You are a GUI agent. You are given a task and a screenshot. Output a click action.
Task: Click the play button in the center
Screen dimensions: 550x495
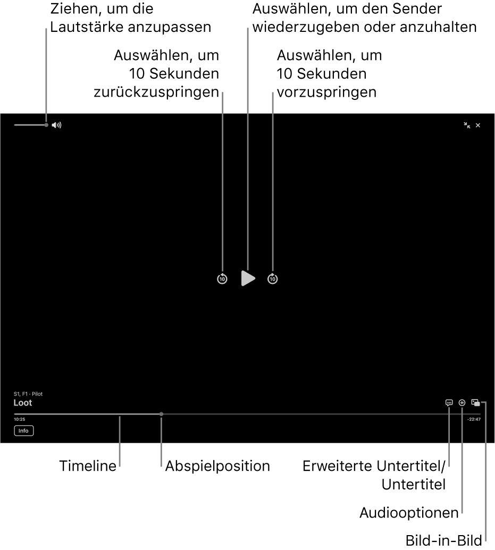[248, 278]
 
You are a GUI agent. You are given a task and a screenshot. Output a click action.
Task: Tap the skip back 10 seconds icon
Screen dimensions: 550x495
[222, 278]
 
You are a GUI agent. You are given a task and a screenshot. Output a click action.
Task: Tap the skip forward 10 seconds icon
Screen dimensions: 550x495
[273, 278]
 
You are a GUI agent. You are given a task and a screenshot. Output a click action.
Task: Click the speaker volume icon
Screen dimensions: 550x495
[57, 125]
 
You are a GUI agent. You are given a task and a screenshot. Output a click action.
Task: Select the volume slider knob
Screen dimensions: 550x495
[47, 125]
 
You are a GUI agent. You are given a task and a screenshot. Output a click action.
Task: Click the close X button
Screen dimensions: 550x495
[478, 125]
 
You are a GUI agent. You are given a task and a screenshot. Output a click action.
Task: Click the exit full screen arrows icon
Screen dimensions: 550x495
[467, 125]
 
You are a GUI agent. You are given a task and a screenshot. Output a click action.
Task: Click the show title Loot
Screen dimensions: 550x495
[23, 403]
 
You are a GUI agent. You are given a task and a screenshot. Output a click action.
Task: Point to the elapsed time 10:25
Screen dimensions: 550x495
[20, 419]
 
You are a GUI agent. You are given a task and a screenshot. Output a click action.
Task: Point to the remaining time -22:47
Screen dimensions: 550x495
[474, 419]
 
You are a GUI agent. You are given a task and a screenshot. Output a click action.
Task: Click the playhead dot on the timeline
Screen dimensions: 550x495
[162, 414]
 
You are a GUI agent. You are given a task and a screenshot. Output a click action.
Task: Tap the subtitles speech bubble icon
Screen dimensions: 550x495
[449, 403]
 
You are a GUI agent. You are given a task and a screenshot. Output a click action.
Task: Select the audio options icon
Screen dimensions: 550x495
[462, 403]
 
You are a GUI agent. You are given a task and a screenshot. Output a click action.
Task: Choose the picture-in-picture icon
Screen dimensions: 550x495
[476, 403]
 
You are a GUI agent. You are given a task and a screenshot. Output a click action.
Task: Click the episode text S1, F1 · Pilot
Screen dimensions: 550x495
[28, 394]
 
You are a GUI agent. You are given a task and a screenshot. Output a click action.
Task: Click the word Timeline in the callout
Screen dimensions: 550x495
[88, 466]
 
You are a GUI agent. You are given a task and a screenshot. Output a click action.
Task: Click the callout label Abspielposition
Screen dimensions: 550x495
[217, 466]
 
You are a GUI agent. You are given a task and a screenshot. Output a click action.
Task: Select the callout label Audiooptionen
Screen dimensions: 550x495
[409, 513]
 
